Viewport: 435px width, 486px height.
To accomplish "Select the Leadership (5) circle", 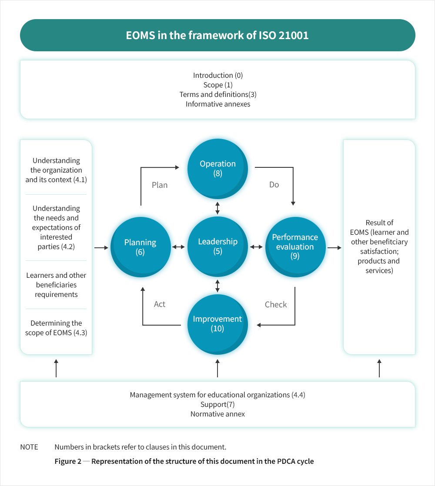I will coord(217,246).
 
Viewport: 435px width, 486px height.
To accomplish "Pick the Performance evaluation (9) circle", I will coord(295,246).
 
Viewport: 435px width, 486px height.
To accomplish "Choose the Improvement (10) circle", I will coord(217,323).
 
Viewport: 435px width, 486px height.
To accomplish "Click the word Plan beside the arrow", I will coord(160,185).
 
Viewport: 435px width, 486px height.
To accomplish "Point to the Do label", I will coord(274,185).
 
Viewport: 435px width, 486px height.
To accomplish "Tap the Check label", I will coord(276,304).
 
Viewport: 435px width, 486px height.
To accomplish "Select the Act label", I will coord(160,304).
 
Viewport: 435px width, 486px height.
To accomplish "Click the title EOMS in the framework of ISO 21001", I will coord(217,36).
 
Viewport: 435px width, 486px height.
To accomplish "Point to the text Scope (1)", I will coord(218,85).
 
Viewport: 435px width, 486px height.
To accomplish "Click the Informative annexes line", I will coord(218,104).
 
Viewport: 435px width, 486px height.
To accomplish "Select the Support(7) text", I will coord(217,404).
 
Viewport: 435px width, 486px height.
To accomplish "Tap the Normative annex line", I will coord(217,414).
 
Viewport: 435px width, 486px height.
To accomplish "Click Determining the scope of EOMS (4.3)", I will coord(56,328).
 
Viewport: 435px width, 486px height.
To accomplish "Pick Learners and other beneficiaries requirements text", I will coord(56,285).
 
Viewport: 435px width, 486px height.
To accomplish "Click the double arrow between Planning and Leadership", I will coord(178,247).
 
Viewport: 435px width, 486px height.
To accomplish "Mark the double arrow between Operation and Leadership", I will coord(217,208).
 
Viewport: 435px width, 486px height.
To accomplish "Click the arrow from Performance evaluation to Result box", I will coord(334,248).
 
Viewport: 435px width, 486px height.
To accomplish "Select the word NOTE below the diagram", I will coord(29,447).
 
